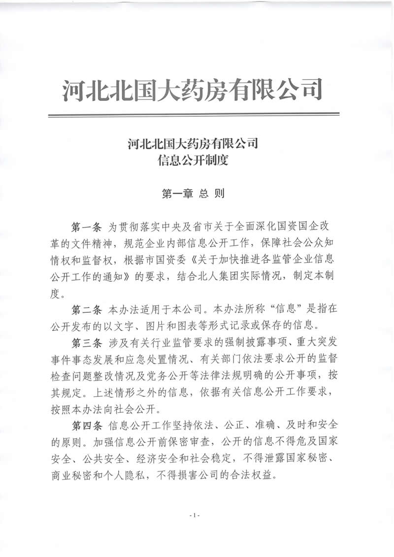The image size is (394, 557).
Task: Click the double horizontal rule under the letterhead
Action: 193,115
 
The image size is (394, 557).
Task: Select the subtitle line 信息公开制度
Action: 193,160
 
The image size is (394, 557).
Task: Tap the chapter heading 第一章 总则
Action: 193,194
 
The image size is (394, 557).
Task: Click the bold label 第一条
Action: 86,227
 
